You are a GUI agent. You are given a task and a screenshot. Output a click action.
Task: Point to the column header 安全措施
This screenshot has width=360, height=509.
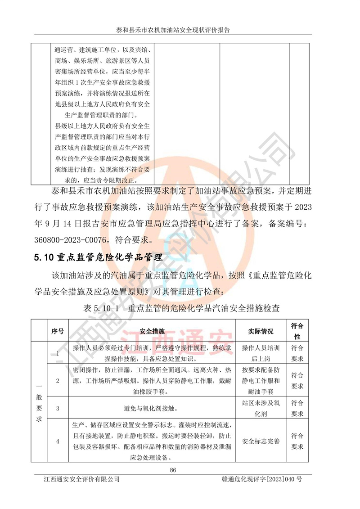(x=152, y=331)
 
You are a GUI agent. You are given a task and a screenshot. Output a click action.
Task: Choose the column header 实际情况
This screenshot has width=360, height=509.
(x=261, y=331)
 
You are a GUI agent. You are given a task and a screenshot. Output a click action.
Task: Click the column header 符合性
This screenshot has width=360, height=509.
(x=297, y=331)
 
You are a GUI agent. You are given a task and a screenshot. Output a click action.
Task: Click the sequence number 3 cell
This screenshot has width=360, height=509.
(x=58, y=408)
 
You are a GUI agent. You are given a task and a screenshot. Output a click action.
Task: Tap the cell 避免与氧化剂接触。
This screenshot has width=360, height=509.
(x=152, y=409)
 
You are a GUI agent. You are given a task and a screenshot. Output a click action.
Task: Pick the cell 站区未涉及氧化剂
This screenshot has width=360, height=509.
(x=261, y=408)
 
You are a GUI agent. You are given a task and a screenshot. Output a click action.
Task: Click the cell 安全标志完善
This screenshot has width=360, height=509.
(x=261, y=441)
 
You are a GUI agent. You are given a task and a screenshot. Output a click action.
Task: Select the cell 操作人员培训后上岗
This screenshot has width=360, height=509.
(x=261, y=353)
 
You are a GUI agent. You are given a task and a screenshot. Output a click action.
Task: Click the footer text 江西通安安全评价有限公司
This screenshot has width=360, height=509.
(x=79, y=480)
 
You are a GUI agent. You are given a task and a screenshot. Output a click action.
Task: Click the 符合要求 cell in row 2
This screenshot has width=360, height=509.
(x=297, y=380)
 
